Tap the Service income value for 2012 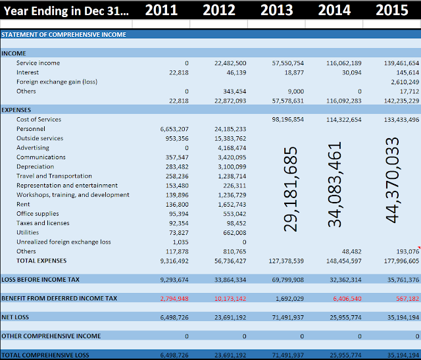point(230,63)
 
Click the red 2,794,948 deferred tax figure point(174,298)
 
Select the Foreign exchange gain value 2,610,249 point(401,82)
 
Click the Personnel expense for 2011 point(174,129)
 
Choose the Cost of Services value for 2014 point(343,120)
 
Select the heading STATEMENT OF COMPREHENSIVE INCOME point(63,34)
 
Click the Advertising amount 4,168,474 point(230,148)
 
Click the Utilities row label point(28,233)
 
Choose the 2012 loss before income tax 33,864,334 point(230,280)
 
